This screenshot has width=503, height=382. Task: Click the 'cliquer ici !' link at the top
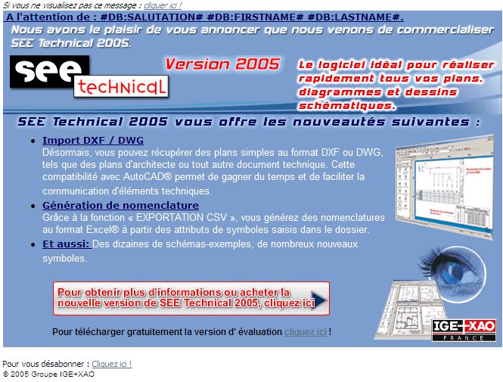click(163, 5)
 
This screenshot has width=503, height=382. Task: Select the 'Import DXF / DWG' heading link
click(93, 141)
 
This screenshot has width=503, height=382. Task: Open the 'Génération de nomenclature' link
click(120, 205)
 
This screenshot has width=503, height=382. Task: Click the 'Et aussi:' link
click(67, 244)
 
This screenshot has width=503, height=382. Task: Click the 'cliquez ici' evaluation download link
click(306, 331)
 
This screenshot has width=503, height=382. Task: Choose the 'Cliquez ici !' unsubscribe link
click(112, 364)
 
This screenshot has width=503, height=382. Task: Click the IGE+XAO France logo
click(464, 331)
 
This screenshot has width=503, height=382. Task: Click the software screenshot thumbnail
click(445, 187)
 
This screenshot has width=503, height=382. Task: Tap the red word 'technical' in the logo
click(122, 86)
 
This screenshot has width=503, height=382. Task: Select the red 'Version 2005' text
click(222, 64)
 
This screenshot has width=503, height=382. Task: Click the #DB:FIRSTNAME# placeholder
click(255, 17)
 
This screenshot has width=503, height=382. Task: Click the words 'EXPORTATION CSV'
click(182, 217)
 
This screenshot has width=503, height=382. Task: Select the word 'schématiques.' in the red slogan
click(346, 106)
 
